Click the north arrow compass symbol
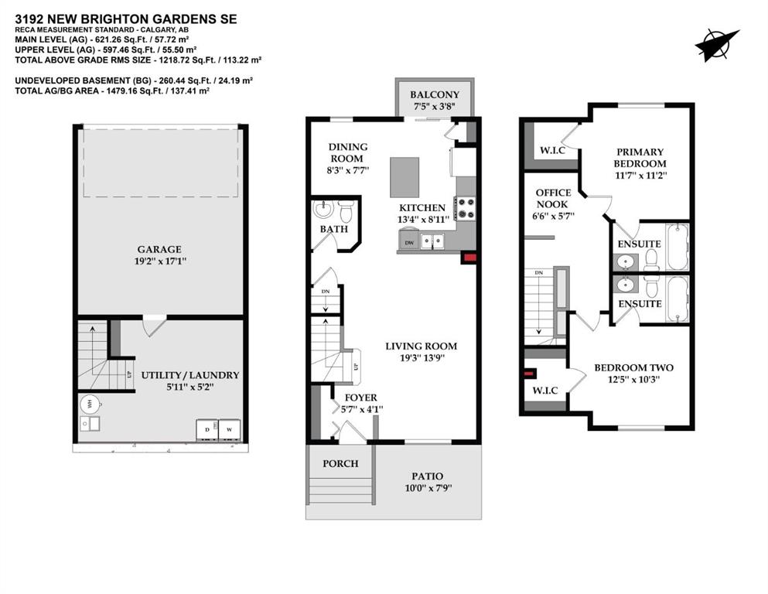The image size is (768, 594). click(x=717, y=45)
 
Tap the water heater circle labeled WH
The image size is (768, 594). click(x=90, y=405)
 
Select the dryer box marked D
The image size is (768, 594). click(x=207, y=429)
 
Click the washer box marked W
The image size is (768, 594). click(x=229, y=429)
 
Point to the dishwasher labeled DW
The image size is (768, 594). click(x=409, y=242)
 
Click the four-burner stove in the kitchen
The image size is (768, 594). click(x=465, y=208)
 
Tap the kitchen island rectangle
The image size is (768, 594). click(x=404, y=177)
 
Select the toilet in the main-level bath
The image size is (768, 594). click(x=346, y=210)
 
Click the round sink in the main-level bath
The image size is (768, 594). click(x=323, y=210)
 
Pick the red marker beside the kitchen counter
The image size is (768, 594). click(x=469, y=258)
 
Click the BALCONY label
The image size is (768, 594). click(x=435, y=94)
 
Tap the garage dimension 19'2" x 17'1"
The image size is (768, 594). click(x=160, y=261)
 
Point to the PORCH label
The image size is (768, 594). click(x=340, y=463)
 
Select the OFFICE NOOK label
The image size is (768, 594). click(x=554, y=198)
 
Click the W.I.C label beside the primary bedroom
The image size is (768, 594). click(x=552, y=150)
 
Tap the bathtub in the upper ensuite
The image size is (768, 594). click(x=678, y=246)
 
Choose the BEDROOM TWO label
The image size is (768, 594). click(x=633, y=367)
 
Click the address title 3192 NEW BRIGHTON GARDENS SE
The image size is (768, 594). click(x=126, y=19)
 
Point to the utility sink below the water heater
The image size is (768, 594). click(x=90, y=424)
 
